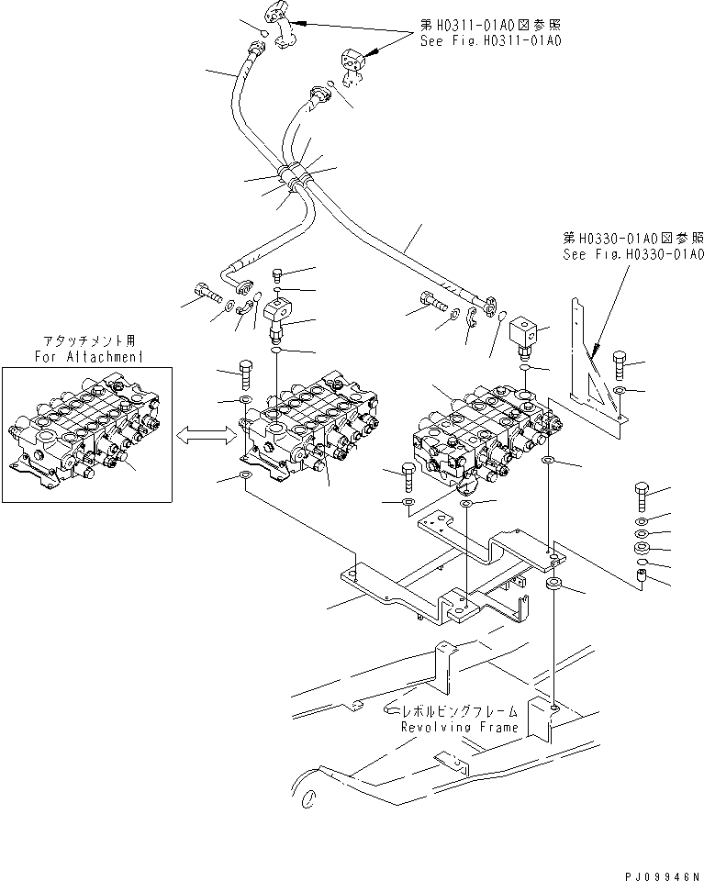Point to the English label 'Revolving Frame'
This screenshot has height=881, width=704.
point(459,727)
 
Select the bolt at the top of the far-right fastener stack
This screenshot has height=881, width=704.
point(642,496)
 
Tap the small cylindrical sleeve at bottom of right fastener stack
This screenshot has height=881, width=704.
point(643,578)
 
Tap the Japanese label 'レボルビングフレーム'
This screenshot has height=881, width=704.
point(456,711)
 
